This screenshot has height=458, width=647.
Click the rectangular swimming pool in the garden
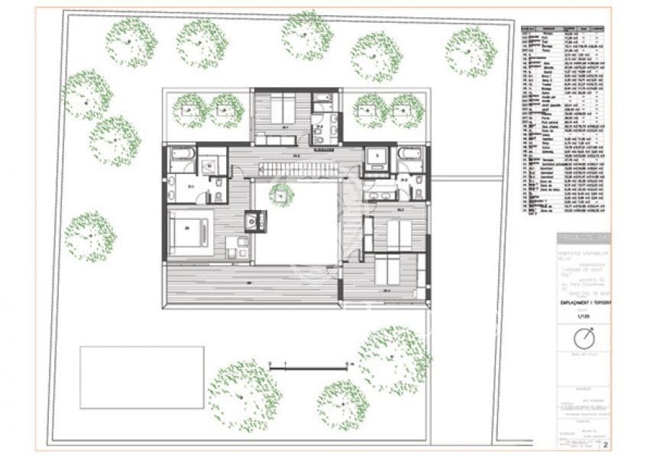142,377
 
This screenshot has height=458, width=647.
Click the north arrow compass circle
584,336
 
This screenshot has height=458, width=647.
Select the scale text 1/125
583,315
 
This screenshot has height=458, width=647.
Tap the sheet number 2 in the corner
605,443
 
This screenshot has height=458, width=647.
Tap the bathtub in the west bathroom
183,153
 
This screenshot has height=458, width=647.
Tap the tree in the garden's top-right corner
471,52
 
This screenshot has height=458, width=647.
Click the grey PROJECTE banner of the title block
583,237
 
